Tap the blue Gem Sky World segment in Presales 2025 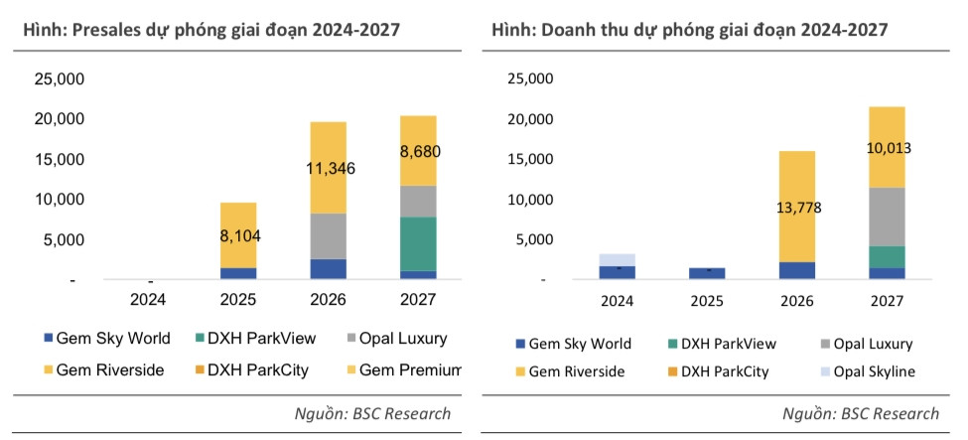click(x=238, y=273)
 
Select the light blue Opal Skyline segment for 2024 click(x=617, y=259)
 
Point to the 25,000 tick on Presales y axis click(x=60, y=79)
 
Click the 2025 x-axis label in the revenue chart click(x=706, y=301)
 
